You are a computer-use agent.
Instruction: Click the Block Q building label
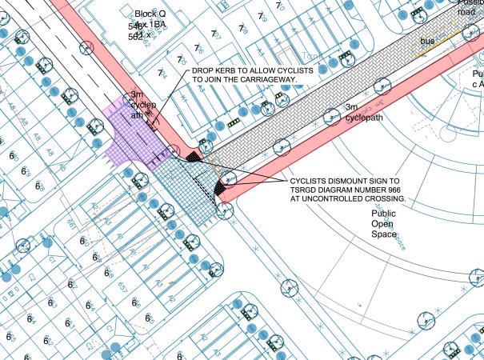tap(149, 14)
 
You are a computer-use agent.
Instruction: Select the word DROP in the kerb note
tap(202, 71)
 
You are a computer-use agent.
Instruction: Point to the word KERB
tap(228, 71)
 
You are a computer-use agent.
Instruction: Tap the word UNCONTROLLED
tap(330, 199)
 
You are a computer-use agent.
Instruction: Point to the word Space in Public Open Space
tap(385, 238)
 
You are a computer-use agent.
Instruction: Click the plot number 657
tap(122, 286)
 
